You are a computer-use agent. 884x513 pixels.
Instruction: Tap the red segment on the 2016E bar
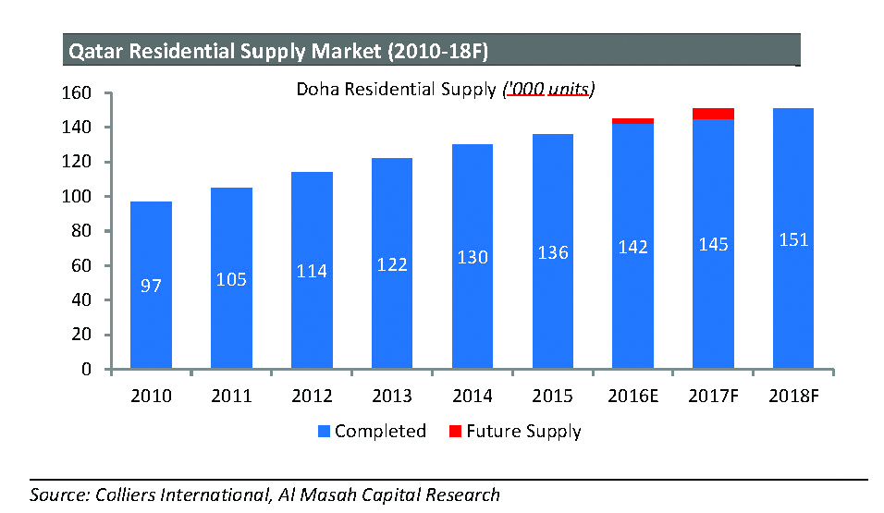pyautogui.click(x=633, y=121)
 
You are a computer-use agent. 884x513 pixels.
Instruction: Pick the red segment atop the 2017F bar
pyautogui.click(x=714, y=114)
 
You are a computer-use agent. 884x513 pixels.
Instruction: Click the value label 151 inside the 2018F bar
pyautogui.click(x=793, y=240)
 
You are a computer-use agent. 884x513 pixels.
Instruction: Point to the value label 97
pyautogui.click(x=151, y=287)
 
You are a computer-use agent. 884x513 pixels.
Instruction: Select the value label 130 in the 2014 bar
pyautogui.click(x=473, y=258)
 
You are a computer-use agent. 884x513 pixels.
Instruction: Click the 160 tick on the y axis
pyautogui.click(x=78, y=93)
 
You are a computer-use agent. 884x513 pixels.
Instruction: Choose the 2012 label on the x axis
pyautogui.click(x=313, y=396)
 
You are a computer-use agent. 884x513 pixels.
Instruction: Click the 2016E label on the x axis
pyautogui.click(x=633, y=396)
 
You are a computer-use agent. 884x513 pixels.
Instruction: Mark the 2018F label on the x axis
pyautogui.click(x=793, y=396)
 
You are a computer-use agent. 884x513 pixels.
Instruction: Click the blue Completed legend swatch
pyautogui.click(x=324, y=432)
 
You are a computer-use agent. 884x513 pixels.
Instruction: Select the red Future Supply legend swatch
pyautogui.click(x=454, y=432)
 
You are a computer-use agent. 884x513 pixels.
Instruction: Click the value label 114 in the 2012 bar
pyautogui.click(x=313, y=271)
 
